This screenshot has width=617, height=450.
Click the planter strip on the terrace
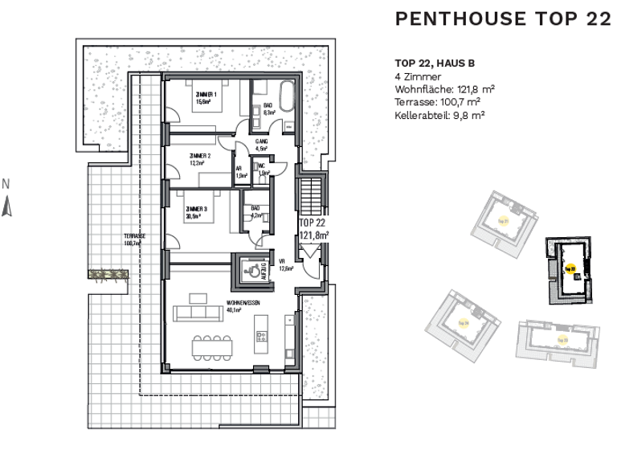[109, 274]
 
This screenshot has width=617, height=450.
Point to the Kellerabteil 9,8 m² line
[439, 115]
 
